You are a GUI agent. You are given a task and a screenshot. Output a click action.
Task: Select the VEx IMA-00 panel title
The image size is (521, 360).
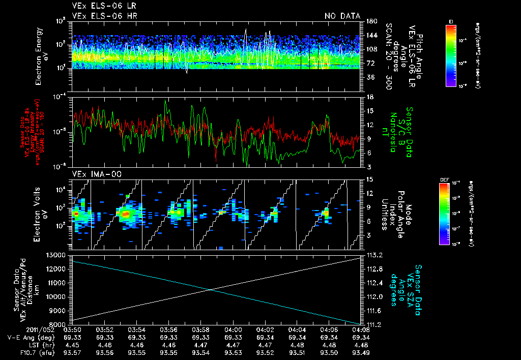93,174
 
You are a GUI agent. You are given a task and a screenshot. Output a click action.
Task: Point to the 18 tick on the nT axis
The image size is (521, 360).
369,97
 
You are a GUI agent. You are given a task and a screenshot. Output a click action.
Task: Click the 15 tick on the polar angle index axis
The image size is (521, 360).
369,179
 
